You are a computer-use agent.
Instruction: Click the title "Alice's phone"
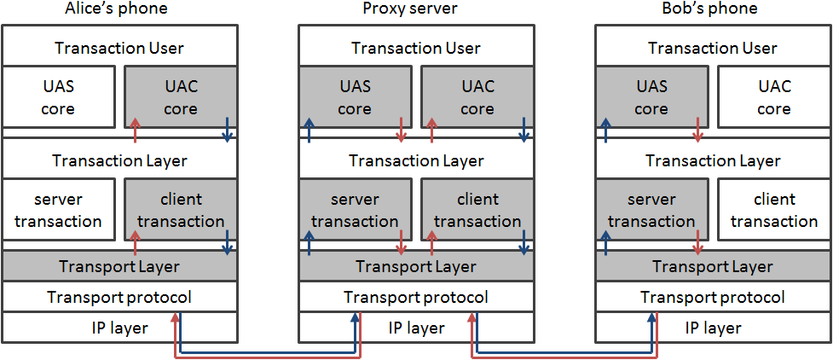click(x=116, y=9)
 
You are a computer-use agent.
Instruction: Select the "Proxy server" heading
click(x=415, y=9)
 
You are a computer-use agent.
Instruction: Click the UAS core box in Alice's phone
click(x=58, y=97)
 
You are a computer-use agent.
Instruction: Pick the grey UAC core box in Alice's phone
click(x=180, y=97)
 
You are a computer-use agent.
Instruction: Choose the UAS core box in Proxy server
click(x=355, y=97)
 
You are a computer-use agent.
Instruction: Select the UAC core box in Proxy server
click(x=477, y=97)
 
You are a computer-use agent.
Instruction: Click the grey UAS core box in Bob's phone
click(x=651, y=97)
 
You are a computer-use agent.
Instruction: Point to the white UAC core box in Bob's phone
click(x=773, y=97)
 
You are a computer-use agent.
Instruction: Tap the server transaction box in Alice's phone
click(x=58, y=210)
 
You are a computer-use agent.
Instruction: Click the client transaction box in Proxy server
click(x=477, y=210)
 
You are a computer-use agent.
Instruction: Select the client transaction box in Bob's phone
click(x=773, y=210)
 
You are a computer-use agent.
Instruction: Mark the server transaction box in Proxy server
click(x=355, y=210)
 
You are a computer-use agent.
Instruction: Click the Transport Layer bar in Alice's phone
click(x=119, y=266)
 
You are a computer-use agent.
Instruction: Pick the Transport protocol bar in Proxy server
click(x=416, y=297)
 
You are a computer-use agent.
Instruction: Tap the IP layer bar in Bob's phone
click(x=713, y=328)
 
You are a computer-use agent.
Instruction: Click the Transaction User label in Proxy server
click(x=416, y=48)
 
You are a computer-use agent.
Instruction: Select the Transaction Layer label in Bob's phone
click(x=713, y=160)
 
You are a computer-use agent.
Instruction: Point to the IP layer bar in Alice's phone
click(x=119, y=328)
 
